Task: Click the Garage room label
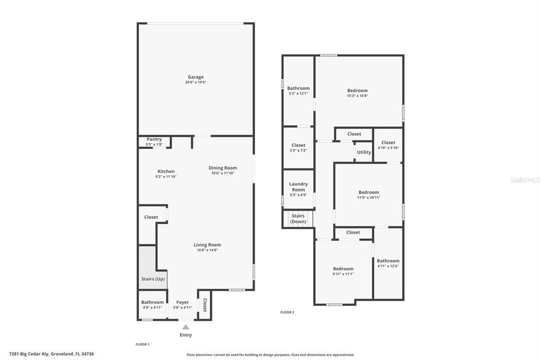(195, 77)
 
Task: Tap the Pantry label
(154, 139)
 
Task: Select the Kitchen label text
(166, 171)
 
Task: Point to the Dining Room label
(222, 168)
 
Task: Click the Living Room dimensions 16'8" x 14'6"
(207, 250)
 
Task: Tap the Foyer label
(182, 302)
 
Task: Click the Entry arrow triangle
(186, 327)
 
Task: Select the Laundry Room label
(299, 187)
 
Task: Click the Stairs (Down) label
(299, 219)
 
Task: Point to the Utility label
(364, 152)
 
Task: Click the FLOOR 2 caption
(287, 312)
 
